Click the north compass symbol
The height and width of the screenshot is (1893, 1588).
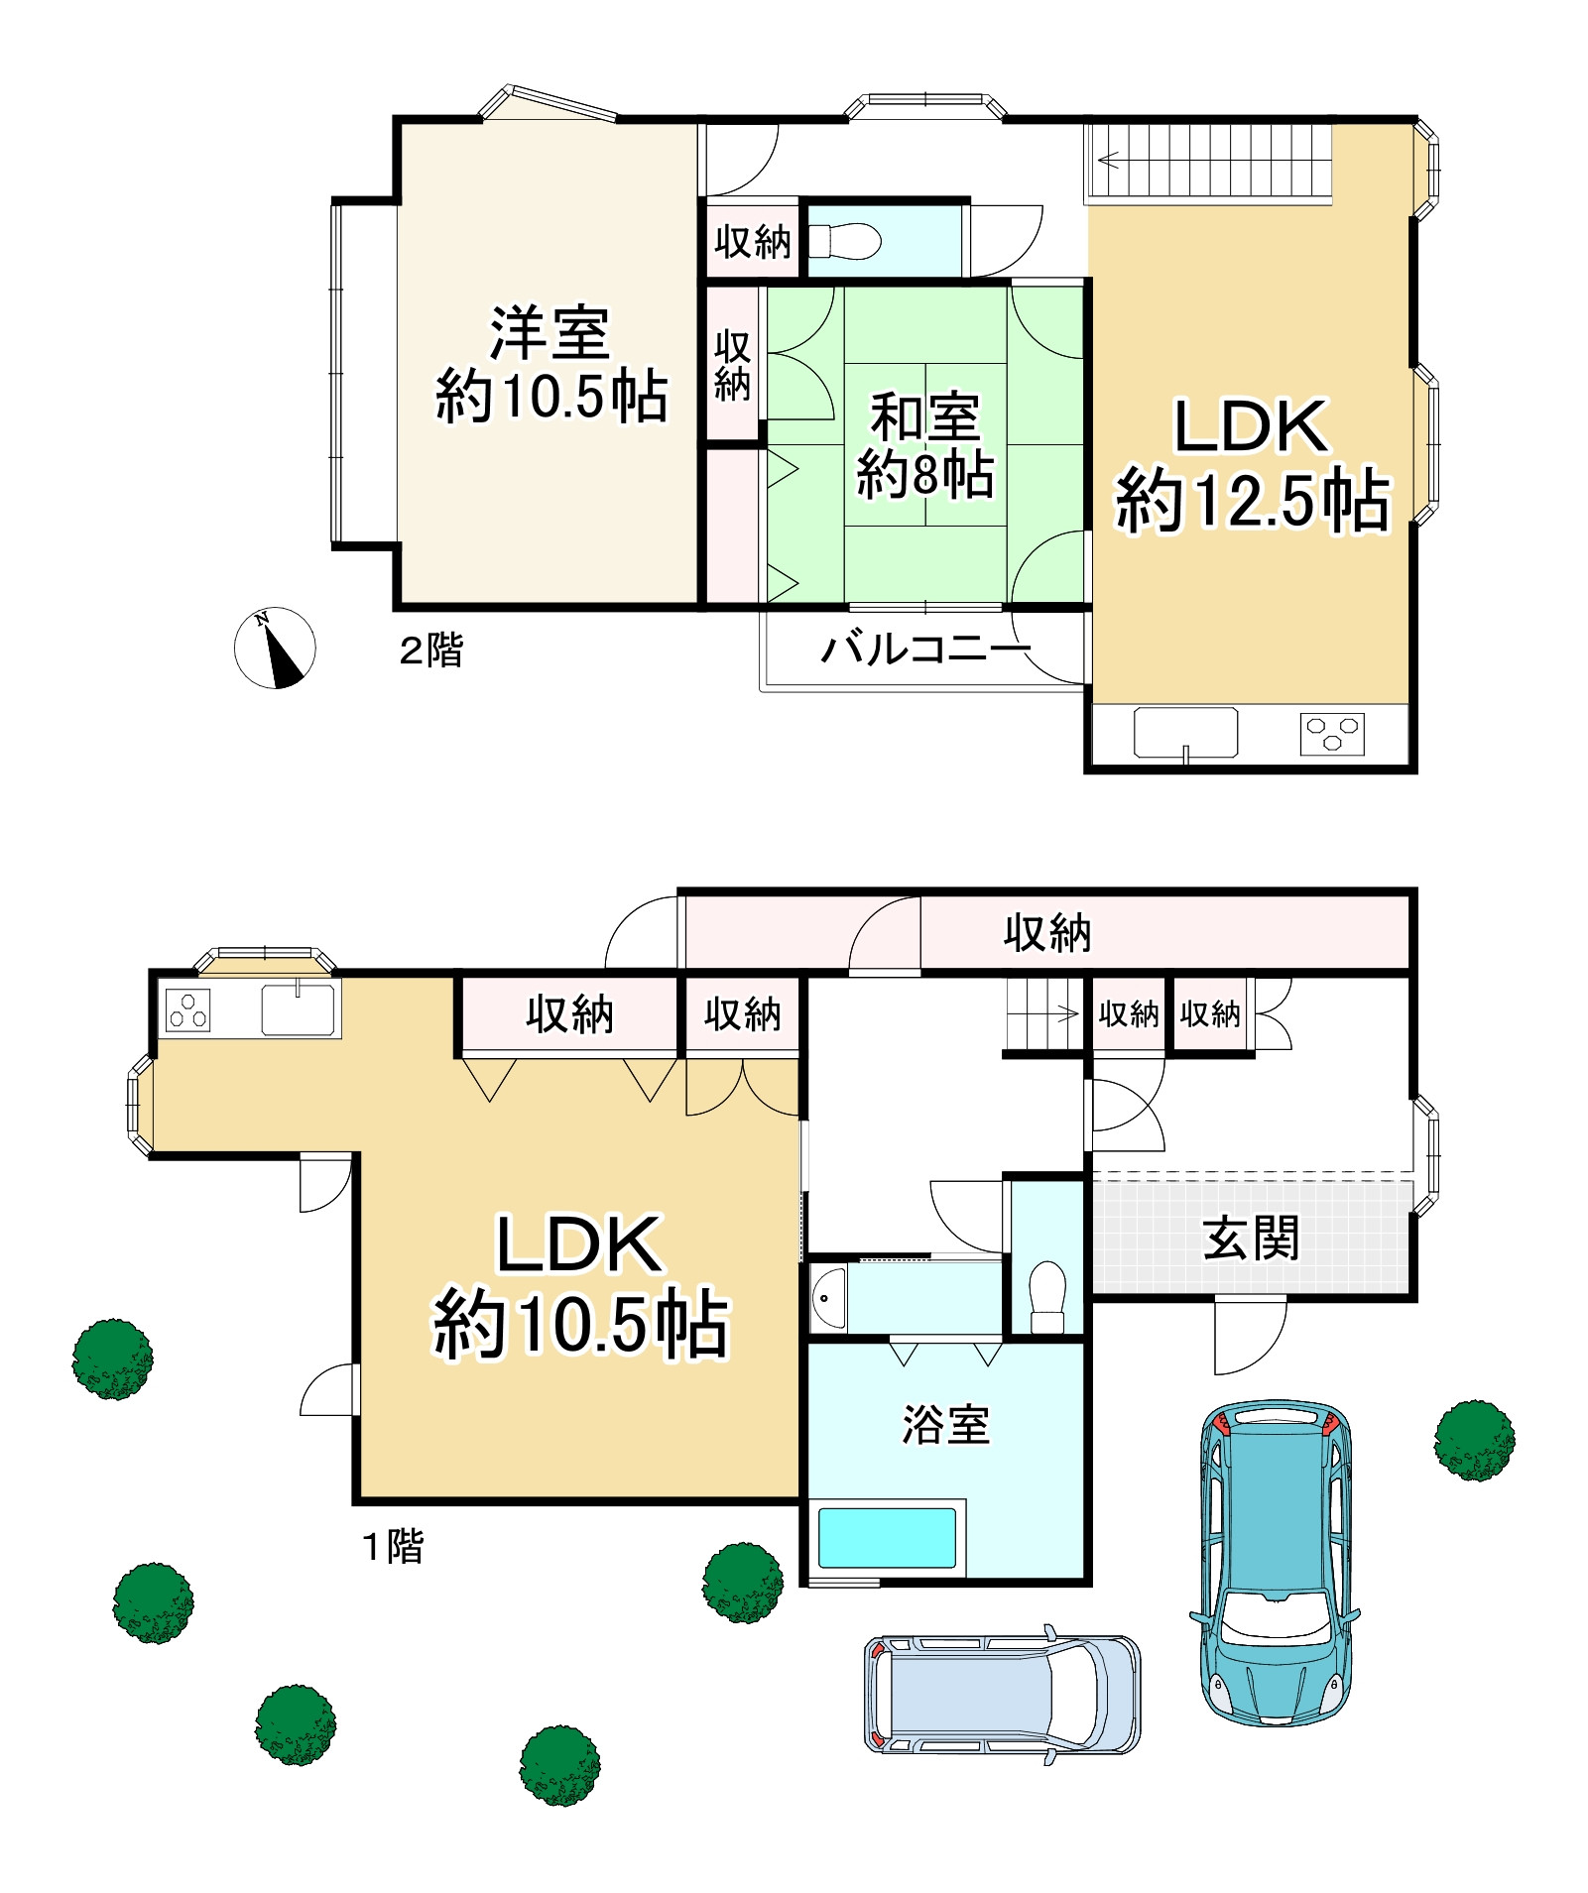(x=275, y=648)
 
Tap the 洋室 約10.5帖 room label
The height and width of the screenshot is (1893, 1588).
(x=550, y=365)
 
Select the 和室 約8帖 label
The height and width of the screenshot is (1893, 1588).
(x=924, y=445)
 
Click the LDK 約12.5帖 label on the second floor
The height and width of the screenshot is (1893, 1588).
(x=1252, y=463)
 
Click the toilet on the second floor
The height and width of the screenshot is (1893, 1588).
(x=845, y=241)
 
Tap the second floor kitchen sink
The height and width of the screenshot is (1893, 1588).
(x=1185, y=733)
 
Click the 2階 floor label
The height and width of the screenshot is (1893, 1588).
(x=430, y=651)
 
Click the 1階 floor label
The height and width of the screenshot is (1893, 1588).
(x=393, y=1546)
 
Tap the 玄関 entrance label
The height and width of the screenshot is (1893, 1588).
(x=1250, y=1238)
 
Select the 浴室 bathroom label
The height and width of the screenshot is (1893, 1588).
(x=945, y=1424)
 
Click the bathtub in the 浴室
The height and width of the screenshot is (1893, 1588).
(x=887, y=1538)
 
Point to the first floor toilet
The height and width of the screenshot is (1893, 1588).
(x=1047, y=1296)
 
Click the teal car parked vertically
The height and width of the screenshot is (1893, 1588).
(x=1275, y=1563)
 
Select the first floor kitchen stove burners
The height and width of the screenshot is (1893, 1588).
(x=187, y=1010)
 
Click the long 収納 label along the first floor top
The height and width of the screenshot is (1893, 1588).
(x=1047, y=933)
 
